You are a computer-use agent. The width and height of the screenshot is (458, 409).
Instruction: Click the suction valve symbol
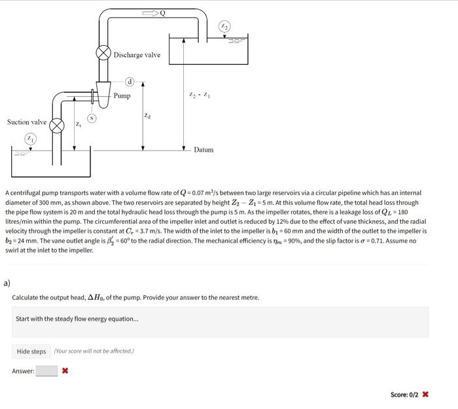[x=58, y=124]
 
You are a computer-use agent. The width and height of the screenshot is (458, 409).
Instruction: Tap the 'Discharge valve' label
[x=137, y=55]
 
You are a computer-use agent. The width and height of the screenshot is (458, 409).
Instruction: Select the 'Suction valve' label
[x=27, y=122]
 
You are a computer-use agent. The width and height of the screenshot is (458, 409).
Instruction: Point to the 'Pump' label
[x=122, y=96]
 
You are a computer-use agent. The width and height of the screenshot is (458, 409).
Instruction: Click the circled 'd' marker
[x=130, y=82]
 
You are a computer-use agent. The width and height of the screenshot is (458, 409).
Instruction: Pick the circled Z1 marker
[x=30, y=138]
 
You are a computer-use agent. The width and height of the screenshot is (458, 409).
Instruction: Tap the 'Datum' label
[x=203, y=150]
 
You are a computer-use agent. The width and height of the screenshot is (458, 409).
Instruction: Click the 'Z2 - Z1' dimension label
[x=199, y=96]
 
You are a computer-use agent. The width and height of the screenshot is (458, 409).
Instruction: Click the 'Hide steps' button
[x=31, y=351]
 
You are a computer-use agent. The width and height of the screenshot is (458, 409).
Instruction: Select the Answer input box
[x=46, y=371]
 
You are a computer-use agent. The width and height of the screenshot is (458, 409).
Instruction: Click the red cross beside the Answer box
[x=65, y=371]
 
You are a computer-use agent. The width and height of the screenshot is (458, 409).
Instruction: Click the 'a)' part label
[x=7, y=283]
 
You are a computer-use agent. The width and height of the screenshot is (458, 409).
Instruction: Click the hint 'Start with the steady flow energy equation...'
[x=77, y=319]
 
